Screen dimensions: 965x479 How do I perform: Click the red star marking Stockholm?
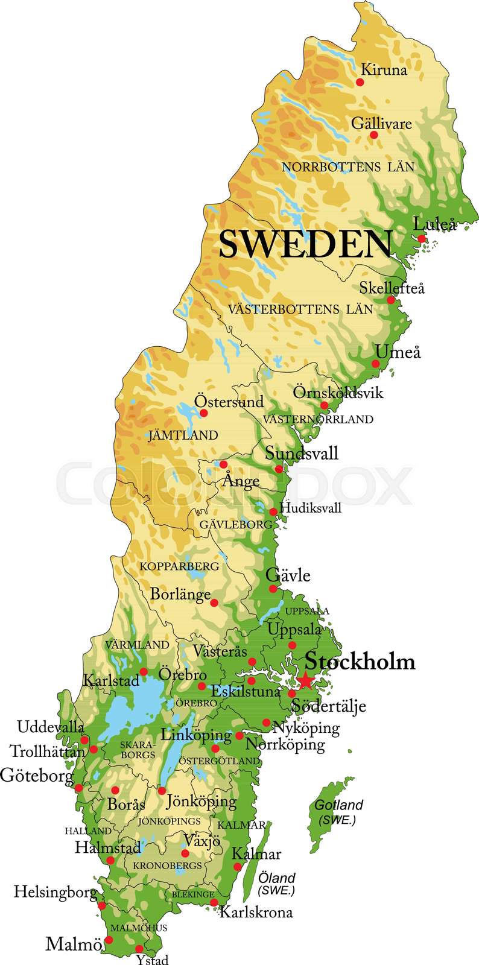pos(306,680)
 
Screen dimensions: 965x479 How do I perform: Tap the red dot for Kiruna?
pos(360,81)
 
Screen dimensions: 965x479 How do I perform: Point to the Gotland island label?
pos(338,805)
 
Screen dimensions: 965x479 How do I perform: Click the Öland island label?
pos(276,878)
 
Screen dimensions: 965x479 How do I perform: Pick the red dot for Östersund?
pos(204,413)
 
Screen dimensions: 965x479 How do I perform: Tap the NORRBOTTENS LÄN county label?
pos(348,167)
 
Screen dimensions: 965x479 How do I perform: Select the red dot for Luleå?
pos(422,239)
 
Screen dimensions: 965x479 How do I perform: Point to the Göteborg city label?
pos(37,775)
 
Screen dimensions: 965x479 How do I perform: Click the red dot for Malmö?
pos(109,940)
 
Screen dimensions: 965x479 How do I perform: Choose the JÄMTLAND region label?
pos(183,435)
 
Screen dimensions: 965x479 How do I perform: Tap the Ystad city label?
pos(151,959)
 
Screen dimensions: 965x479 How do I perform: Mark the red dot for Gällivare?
pos(373,135)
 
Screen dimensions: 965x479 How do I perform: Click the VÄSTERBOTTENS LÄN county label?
pos(300,309)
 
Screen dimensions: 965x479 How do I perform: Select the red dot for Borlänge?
pos(214,603)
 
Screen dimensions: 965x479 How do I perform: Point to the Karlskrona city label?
pos(256,912)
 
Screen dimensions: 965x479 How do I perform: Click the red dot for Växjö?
pos(185,853)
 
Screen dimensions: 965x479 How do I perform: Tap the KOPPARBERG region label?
pos(179,566)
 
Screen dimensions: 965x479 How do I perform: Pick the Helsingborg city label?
pos(56,892)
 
